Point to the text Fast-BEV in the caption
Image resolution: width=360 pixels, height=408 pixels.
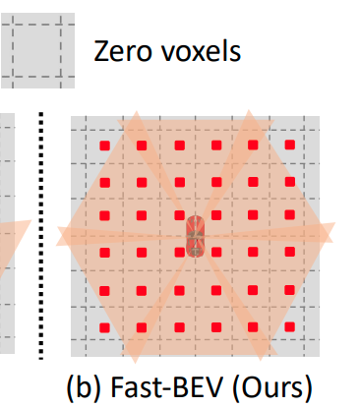169,382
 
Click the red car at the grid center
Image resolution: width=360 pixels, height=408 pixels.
197,237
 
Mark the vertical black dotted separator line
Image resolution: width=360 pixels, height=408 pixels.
41,236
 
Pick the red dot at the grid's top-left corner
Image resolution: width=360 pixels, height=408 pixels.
104,146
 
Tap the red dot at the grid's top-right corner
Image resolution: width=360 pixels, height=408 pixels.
289,146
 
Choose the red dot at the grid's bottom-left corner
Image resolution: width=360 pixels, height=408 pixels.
104,327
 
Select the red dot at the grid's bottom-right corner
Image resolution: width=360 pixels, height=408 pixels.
289,327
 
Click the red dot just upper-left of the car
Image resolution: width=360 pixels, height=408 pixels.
178,218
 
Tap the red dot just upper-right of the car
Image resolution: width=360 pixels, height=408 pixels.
215,218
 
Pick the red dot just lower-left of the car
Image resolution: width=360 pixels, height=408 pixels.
178,255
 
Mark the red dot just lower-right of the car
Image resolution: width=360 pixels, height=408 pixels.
215,255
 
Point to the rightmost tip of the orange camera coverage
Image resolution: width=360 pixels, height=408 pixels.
333,236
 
